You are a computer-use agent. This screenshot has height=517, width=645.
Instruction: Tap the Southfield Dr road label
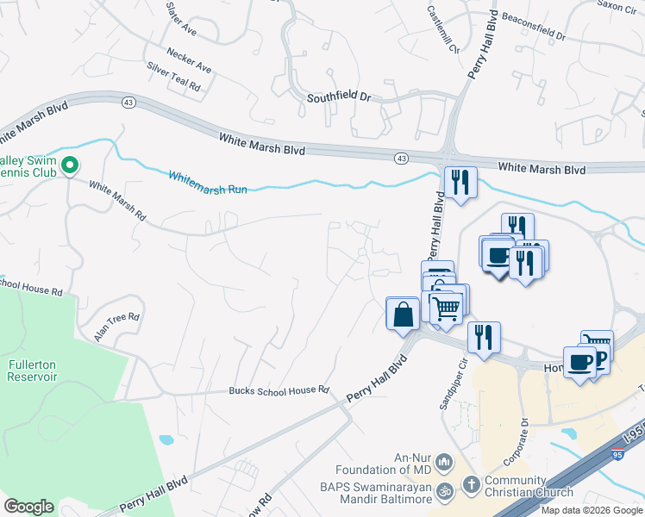coord(339,98)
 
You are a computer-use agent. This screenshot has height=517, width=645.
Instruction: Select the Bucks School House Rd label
coord(279,390)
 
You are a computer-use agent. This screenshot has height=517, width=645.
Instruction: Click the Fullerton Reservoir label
coord(32,371)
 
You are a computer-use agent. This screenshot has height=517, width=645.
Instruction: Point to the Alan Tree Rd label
coord(117,327)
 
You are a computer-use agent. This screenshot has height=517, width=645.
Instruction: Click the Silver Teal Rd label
coord(173,76)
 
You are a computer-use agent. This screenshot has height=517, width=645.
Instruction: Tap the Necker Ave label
coord(190,59)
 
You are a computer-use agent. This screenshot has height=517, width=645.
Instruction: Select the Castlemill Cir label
coord(440,28)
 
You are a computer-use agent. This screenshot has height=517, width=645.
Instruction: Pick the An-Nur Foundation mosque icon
coord(444,462)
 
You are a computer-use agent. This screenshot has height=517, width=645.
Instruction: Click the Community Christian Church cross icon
coord(471,484)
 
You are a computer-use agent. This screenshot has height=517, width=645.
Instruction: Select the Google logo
coord(28,507)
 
